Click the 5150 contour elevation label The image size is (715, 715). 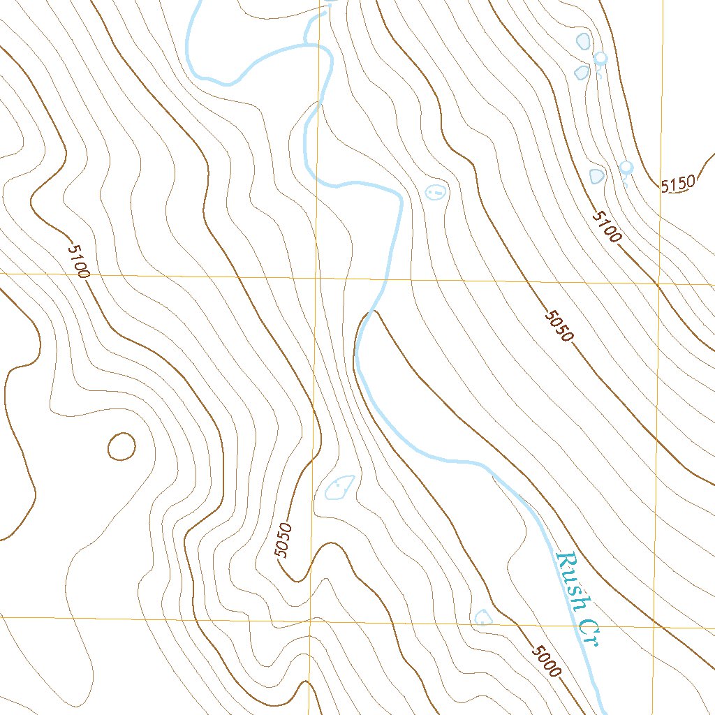click(678, 184)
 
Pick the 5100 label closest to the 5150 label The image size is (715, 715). click(605, 227)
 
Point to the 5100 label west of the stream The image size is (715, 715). click(79, 260)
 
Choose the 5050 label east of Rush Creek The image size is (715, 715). click(559, 325)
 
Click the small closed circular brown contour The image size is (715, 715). click(121, 446)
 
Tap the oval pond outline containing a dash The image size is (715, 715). click(436, 191)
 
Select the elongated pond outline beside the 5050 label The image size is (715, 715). click(340, 486)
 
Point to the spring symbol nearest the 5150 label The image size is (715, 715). click(626, 167)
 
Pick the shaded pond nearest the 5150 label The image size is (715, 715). click(596, 175)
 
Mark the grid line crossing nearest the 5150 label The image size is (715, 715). click(658, 285)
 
